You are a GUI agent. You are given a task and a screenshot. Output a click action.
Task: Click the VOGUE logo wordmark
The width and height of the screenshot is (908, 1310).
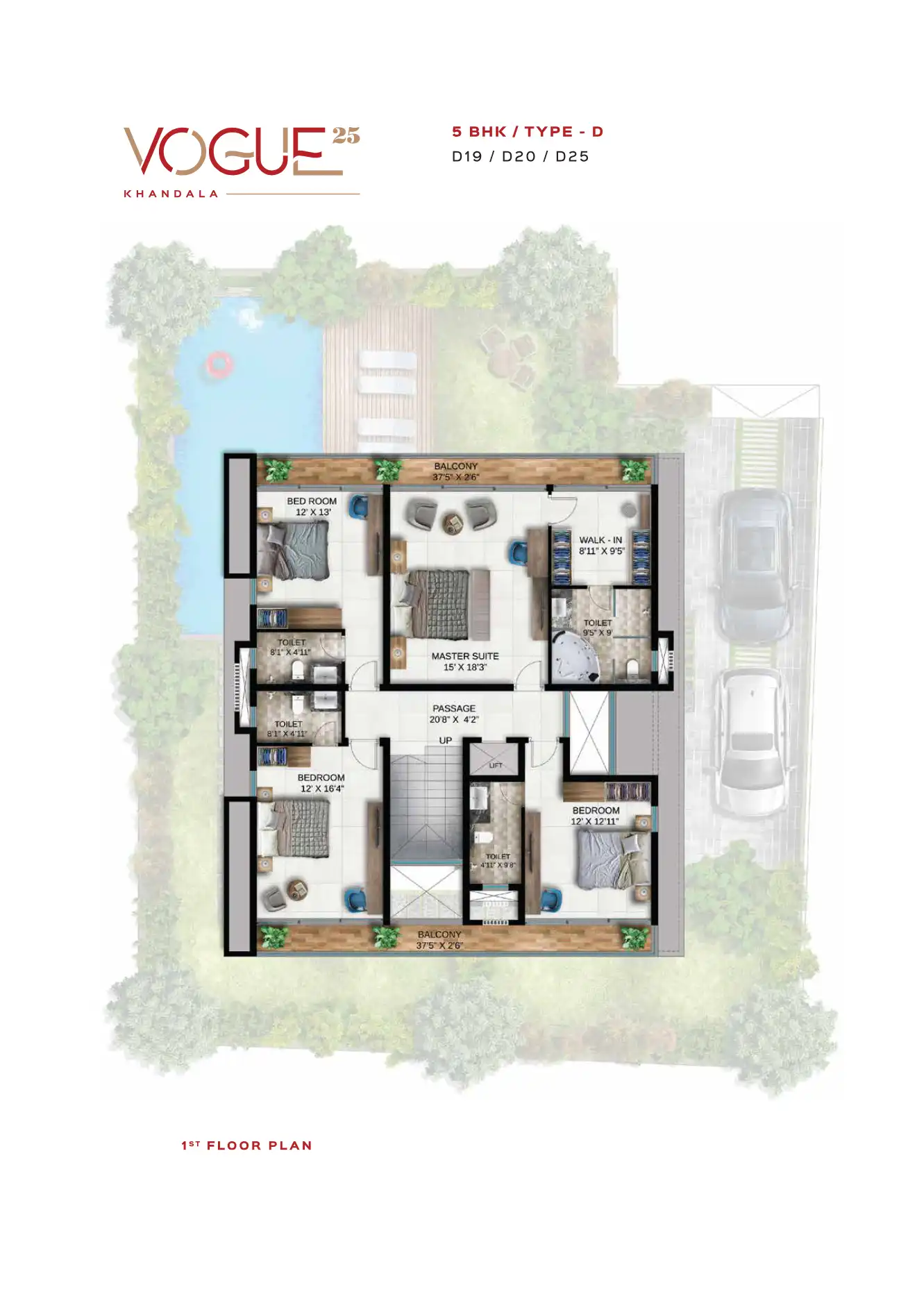(x=233, y=151)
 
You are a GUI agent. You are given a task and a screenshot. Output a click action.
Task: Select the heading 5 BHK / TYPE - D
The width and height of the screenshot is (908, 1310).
(x=528, y=132)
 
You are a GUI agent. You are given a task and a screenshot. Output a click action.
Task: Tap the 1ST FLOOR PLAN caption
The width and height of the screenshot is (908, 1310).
(x=246, y=1145)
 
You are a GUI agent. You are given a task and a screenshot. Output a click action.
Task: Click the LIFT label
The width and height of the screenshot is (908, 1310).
(x=496, y=765)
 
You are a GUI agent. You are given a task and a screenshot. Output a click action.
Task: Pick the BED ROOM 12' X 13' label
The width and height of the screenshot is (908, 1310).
(x=312, y=506)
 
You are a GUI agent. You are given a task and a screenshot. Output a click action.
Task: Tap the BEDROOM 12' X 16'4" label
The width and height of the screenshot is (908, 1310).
(x=321, y=783)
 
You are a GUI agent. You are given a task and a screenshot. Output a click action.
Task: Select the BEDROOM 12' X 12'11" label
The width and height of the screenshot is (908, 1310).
(x=596, y=816)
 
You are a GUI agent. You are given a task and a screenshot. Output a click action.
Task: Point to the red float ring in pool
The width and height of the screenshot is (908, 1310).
(x=218, y=364)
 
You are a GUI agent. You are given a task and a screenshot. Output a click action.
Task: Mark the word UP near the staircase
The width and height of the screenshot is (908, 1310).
(x=445, y=741)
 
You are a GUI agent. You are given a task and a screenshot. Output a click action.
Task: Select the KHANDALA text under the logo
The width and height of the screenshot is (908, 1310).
(x=171, y=194)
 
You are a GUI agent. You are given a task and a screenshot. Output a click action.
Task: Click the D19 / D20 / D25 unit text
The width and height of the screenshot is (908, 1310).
(x=520, y=157)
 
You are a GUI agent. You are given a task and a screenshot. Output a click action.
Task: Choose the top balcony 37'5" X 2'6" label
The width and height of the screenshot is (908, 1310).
(x=456, y=471)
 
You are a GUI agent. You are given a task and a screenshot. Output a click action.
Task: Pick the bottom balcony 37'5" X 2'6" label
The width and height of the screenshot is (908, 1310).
(x=439, y=940)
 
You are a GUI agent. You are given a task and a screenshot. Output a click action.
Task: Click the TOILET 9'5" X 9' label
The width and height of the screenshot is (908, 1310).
(x=598, y=628)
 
